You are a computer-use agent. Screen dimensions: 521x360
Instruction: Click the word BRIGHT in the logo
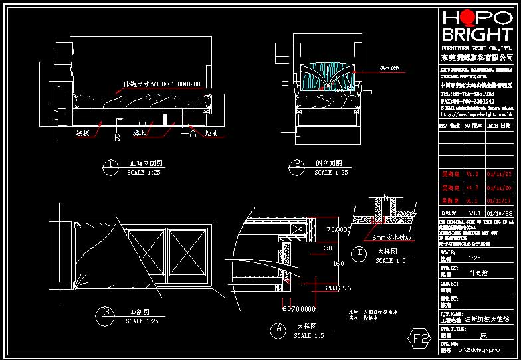click(477, 35)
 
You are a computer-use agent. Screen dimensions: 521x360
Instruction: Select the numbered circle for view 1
click(112, 166)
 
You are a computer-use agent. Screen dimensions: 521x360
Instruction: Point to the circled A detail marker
click(279, 329)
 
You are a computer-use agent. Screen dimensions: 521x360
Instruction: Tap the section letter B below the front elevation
click(117, 139)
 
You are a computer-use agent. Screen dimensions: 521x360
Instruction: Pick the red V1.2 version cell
click(471, 187)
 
